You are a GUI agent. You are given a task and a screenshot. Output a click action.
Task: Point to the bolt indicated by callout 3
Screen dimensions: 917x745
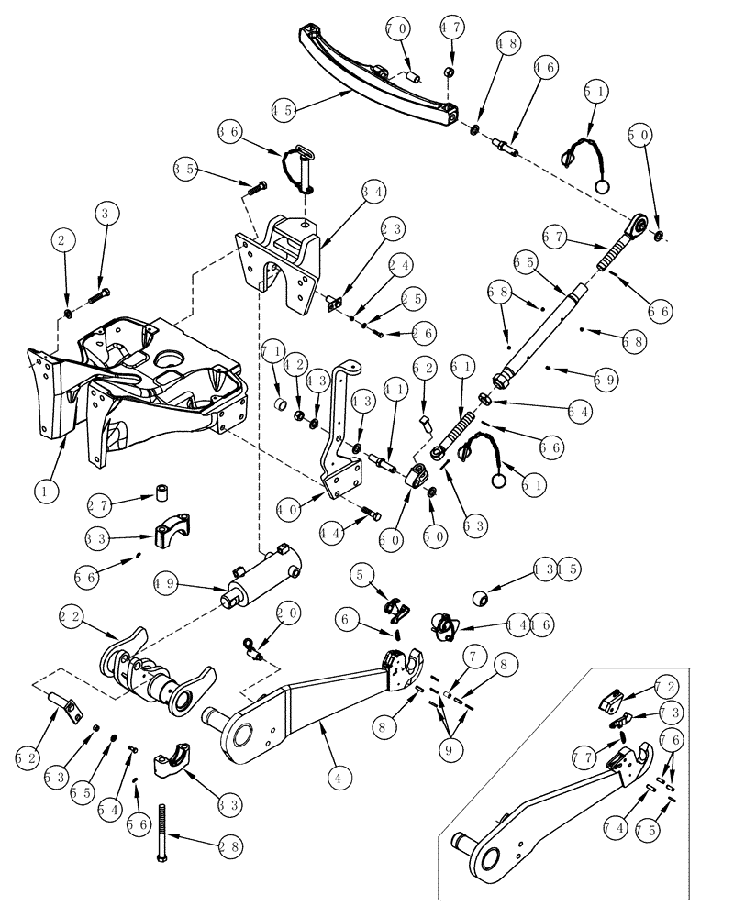(101, 294)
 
